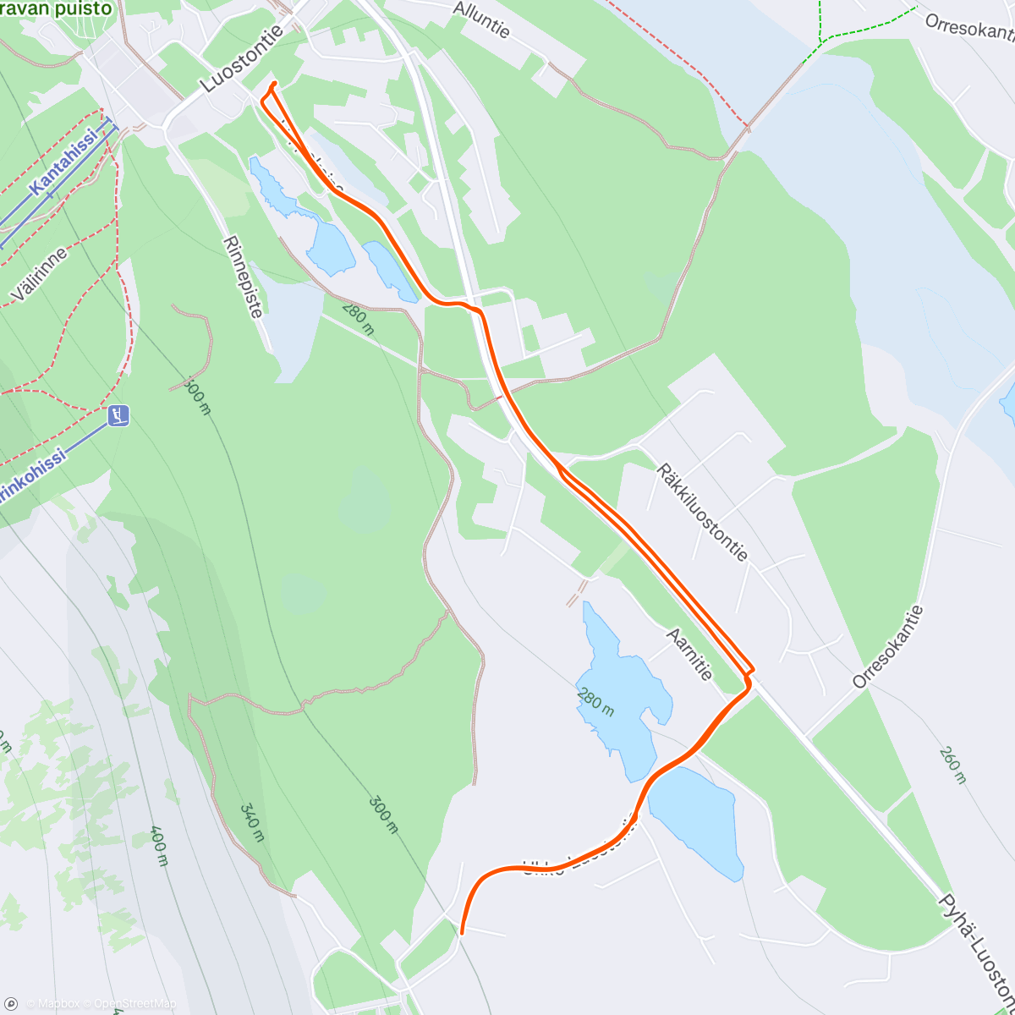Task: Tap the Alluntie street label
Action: [481, 19]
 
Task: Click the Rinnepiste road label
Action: [244, 276]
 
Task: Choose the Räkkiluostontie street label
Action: [702, 513]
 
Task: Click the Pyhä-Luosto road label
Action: [977, 947]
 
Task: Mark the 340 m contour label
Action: [251, 823]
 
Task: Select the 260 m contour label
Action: [952, 765]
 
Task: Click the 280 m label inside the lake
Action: [595, 701]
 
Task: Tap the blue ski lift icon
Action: [119, 414]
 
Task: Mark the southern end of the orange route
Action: [462, 932]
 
